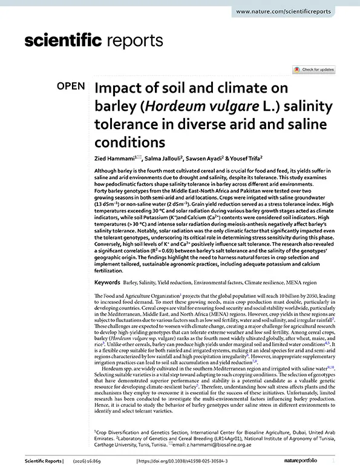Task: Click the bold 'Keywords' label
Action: tap(107, 282)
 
